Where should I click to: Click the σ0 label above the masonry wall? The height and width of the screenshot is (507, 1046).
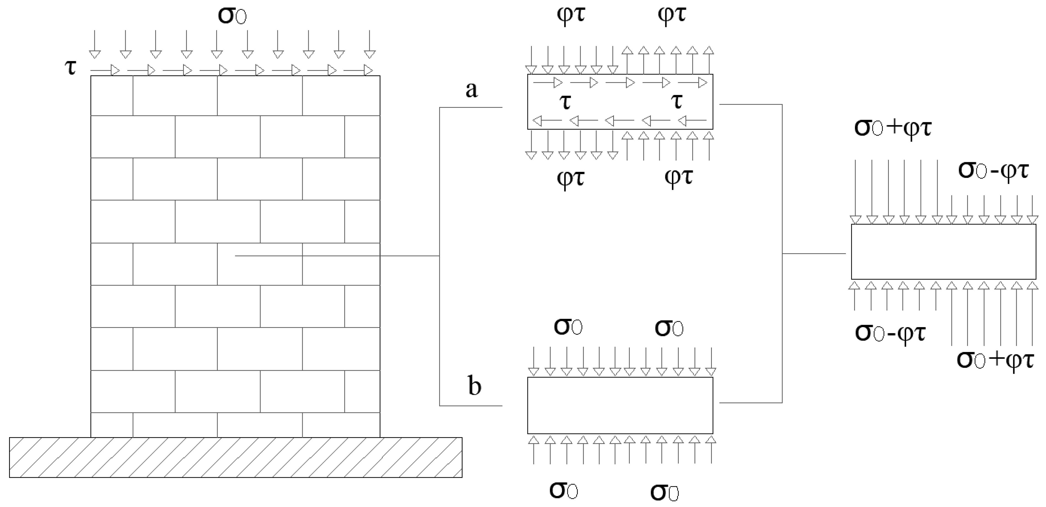click(x=232, y=15)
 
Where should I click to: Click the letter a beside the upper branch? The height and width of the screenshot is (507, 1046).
click(x=471, y=89)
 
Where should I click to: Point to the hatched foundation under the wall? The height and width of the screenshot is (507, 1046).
click(x=235, y=457)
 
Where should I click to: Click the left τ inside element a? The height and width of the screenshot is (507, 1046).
click(x=565, y=102)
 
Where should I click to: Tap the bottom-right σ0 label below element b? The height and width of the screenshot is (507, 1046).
click(x=664, y=492)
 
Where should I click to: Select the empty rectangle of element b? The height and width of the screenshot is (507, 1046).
click(x=620, y=405)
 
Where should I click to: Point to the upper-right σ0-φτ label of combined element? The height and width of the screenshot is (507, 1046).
click(x=993, y=170)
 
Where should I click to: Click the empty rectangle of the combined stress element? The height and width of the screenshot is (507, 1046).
click(x=943, y=252)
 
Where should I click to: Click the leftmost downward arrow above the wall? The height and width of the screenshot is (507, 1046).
click(x=95, y=44)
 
